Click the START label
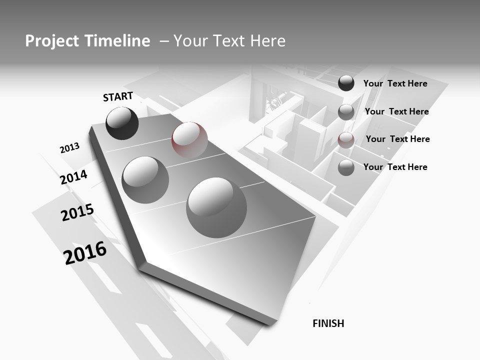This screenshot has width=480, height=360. tap(118, 96)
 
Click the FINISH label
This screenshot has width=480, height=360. tap(328, 323)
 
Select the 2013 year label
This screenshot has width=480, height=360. tap(69, 148)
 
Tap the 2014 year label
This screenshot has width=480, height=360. tap(73, 177)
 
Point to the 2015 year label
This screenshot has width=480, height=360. tap(77, 212)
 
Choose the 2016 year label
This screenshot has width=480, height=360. tap(85, 252)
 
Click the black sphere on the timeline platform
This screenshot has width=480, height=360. tap(122, 123)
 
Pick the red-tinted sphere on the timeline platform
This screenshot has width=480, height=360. tap(189, 139)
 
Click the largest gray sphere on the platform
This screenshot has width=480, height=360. tap(216, 207)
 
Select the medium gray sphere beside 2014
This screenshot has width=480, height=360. tap(145, 179)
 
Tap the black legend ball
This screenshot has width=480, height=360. tap(346, 83)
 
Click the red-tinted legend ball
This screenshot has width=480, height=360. tap(346, 139)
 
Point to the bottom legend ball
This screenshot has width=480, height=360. tap(346, 167)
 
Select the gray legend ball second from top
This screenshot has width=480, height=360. tap(346, 112)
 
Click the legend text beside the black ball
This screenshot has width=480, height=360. tap(395, 83)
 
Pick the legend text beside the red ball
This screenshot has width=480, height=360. tap(397, 139)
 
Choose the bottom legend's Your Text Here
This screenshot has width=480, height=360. tap(395, 167)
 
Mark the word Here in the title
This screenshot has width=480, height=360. tap(267, 41)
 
